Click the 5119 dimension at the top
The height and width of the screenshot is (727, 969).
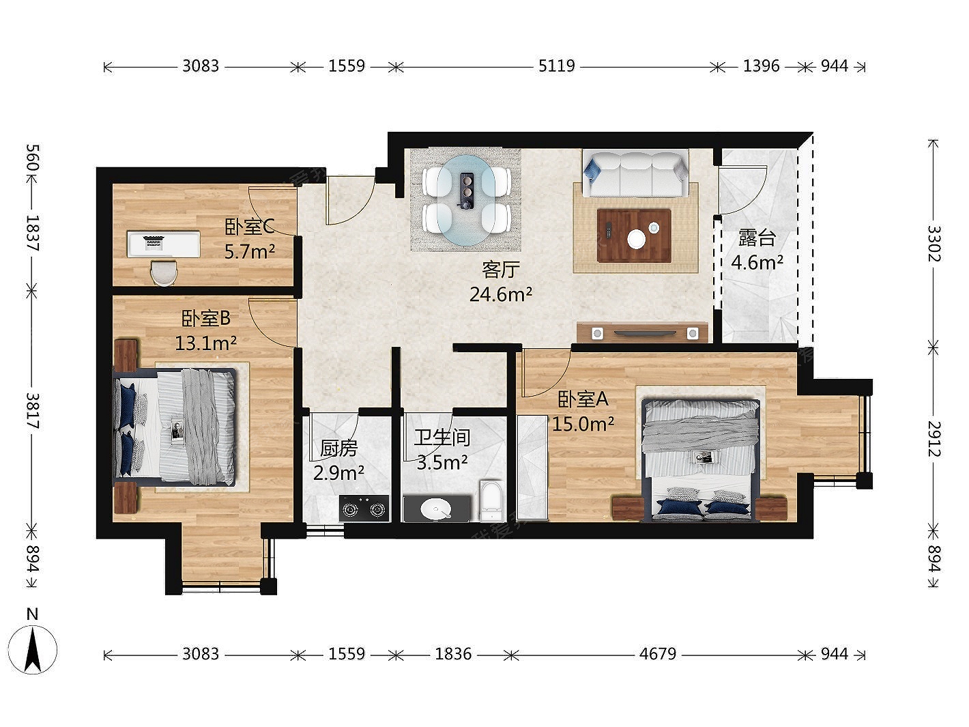coord(557,66)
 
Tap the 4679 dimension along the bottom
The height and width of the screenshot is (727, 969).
coord(658,654)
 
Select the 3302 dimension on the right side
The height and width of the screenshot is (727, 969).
coord(933,244)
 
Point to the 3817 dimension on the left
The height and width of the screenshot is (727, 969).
coord(33,410)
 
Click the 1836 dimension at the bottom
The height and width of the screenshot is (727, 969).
coord(453,654)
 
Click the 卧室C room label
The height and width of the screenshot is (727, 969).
coord(250,227)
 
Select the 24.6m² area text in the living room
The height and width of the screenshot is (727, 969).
coord(501,294)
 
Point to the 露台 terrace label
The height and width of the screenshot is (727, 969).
coord(757,238)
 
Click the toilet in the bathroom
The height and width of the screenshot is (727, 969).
coord(491,502)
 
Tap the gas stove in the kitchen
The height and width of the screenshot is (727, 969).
coord(364,509)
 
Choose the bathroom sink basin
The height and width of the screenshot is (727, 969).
coord(436,509)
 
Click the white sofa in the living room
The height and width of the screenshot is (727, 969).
coord(635,173)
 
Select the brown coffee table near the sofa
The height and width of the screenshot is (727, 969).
coord(634,236)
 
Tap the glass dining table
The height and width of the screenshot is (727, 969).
coord(466,200)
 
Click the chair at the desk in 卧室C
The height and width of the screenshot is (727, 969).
coord(163,273)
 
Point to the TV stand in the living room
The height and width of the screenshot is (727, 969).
coord(642,332)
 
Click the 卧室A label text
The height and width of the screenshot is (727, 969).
coord(583,399)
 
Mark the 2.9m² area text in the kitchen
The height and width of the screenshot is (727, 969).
coord(338,473)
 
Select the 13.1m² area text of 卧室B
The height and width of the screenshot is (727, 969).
coord(205,343)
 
